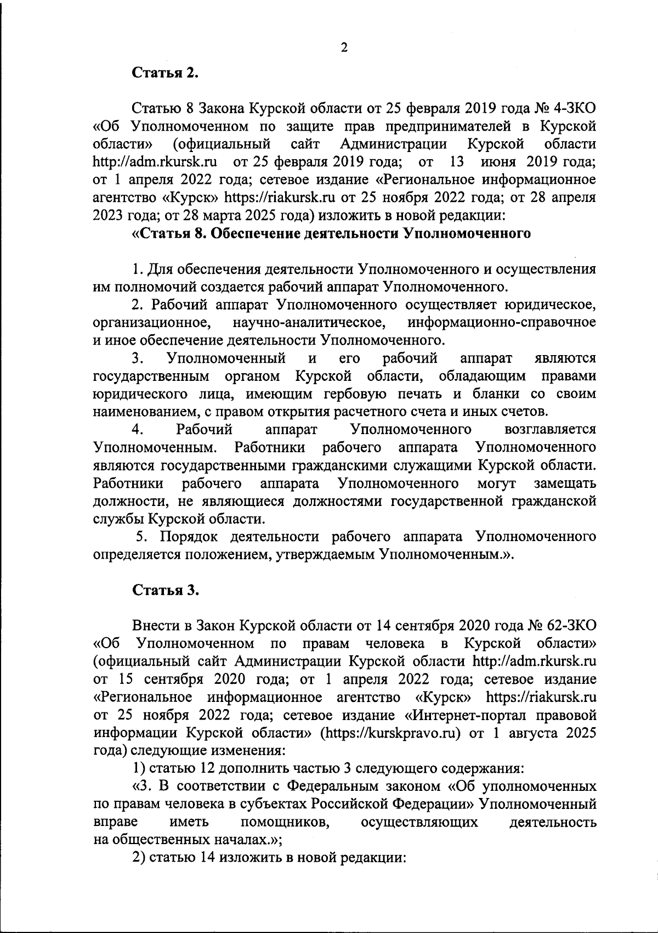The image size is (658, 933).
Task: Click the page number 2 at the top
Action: coord(344,48)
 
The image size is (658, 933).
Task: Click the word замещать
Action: coord(565,484)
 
